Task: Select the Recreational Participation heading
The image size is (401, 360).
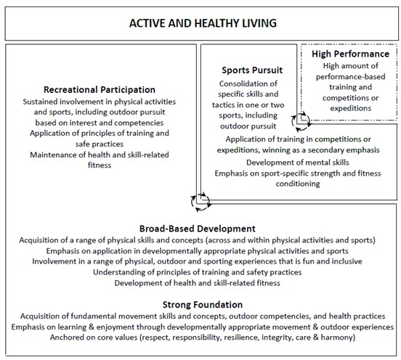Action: tap(100, 89)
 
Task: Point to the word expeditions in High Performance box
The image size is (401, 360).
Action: tap(349, 107)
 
